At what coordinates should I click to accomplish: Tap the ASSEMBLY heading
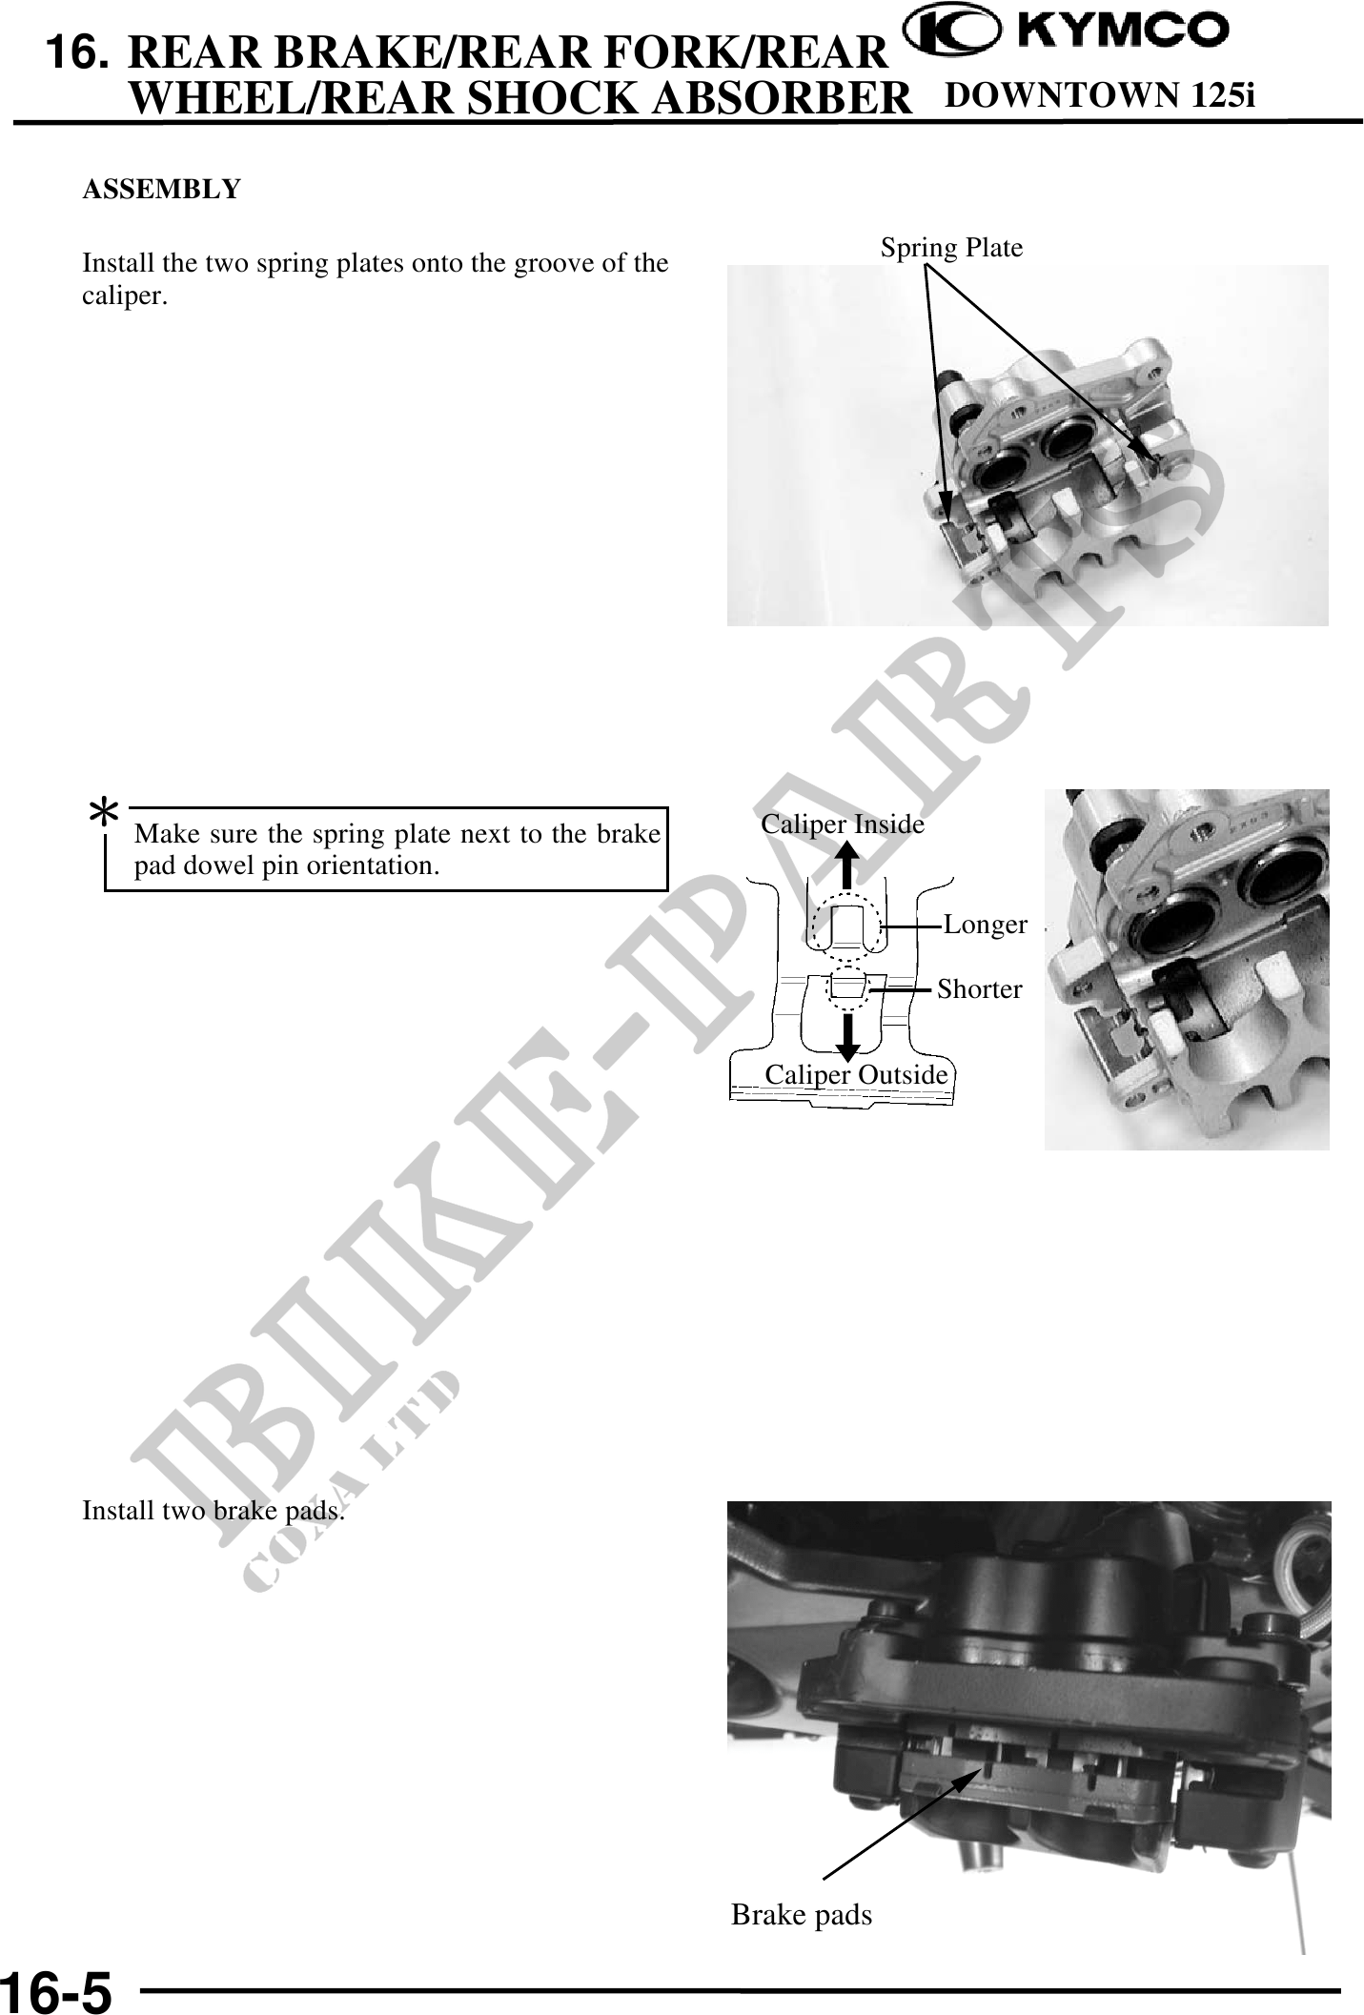[x=162, y=189]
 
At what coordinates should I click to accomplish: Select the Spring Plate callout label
[x=951, y=248]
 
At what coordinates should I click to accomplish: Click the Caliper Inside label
[x=843, y=824]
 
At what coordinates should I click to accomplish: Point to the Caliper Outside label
[x=857, y=1074]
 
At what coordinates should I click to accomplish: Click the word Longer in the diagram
[x=986, y=925]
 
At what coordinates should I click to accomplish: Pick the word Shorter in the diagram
[x=980, y=989]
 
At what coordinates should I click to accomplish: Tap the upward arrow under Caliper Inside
[x=845, y=869]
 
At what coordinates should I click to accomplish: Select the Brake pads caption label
[x=802, y=1914]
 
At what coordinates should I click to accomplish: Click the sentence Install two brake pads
[x=214, y=1511]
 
